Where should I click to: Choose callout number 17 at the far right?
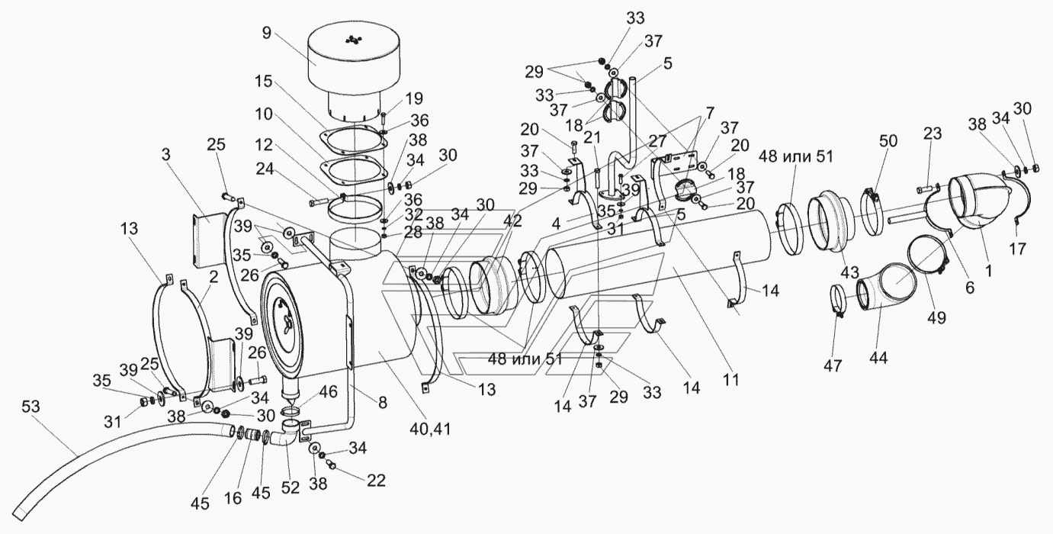coord(1018,248)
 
